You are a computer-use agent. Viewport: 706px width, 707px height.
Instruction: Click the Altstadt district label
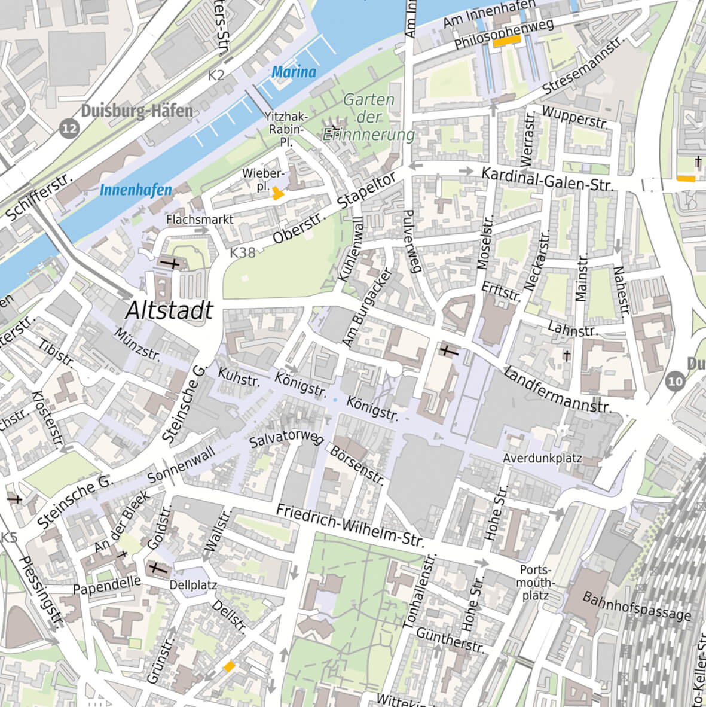(x=170, y=310)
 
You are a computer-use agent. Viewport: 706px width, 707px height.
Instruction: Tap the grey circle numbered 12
(x=70, y=128)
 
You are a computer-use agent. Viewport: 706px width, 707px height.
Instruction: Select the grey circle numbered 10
(x=675, y=381)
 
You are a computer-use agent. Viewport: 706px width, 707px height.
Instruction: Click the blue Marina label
(x=294, y=72)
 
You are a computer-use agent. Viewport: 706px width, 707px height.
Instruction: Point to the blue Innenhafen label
(x=136, y=190)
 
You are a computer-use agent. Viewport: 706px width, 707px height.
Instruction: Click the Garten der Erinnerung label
(x=369, y=117)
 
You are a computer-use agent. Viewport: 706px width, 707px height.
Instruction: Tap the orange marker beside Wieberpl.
(x=277, y=193)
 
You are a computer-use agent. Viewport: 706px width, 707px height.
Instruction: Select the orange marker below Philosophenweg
(x=507, y=40)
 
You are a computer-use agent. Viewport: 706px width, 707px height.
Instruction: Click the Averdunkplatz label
(x=542, y=459)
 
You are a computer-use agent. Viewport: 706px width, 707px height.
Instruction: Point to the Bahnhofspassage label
(x=636, y=606)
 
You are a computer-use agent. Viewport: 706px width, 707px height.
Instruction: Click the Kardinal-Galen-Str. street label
(x=547, y=179)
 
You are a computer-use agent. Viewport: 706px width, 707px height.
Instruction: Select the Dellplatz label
(x=193, y=584)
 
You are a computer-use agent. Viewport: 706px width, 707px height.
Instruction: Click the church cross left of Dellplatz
(x=158, y=569)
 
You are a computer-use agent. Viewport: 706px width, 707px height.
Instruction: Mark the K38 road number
(x=243, y=252)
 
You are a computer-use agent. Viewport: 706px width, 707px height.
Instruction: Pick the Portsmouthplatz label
(x=535, y=583)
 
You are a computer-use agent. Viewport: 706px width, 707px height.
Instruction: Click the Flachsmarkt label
(x=200, y=220)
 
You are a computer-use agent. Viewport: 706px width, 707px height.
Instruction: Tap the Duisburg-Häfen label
(x=137, y=111)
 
